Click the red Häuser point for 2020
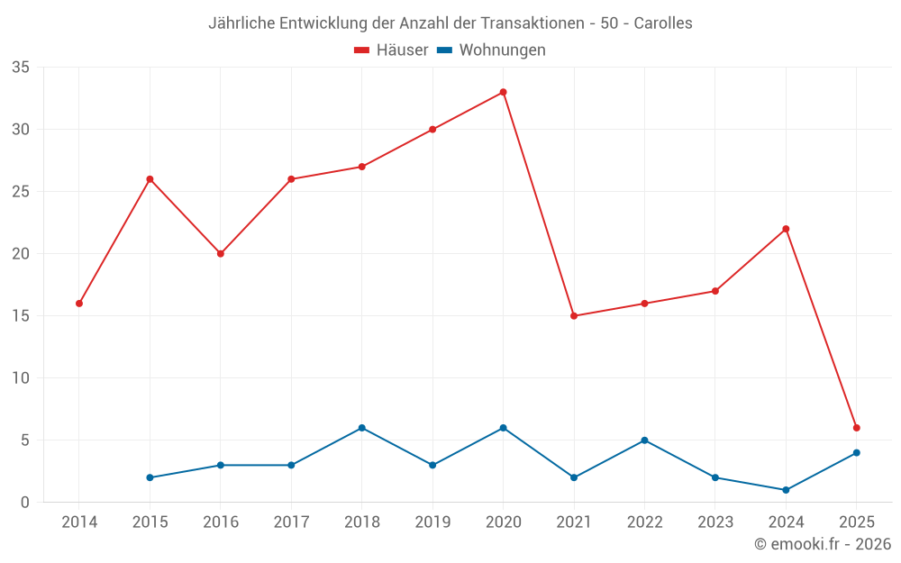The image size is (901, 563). click(503, 92)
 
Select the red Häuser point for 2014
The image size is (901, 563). click(79, 304)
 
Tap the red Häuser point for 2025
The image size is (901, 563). click(857, 428)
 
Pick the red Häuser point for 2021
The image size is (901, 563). click(574, 316)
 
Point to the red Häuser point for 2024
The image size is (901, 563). click(786, 229)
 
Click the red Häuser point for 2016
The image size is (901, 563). click(221, 254)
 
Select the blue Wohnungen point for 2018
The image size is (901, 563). click(362, 428)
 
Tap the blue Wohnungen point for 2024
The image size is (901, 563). click(786, 490)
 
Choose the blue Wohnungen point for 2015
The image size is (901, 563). click(150, 477)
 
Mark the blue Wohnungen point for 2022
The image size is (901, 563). click(644, 440)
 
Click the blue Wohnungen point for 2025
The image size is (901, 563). click(857, 453)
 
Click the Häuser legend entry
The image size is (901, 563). click(391, 50)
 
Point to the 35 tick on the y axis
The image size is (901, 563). click(21, 68)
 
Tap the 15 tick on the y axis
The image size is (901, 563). click(21, 316)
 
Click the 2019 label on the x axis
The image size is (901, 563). click(432, 522)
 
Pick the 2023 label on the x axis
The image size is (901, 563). click(715, 522)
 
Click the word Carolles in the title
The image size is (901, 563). click(663, 23)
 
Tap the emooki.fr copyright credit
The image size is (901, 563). click(822, 544)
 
